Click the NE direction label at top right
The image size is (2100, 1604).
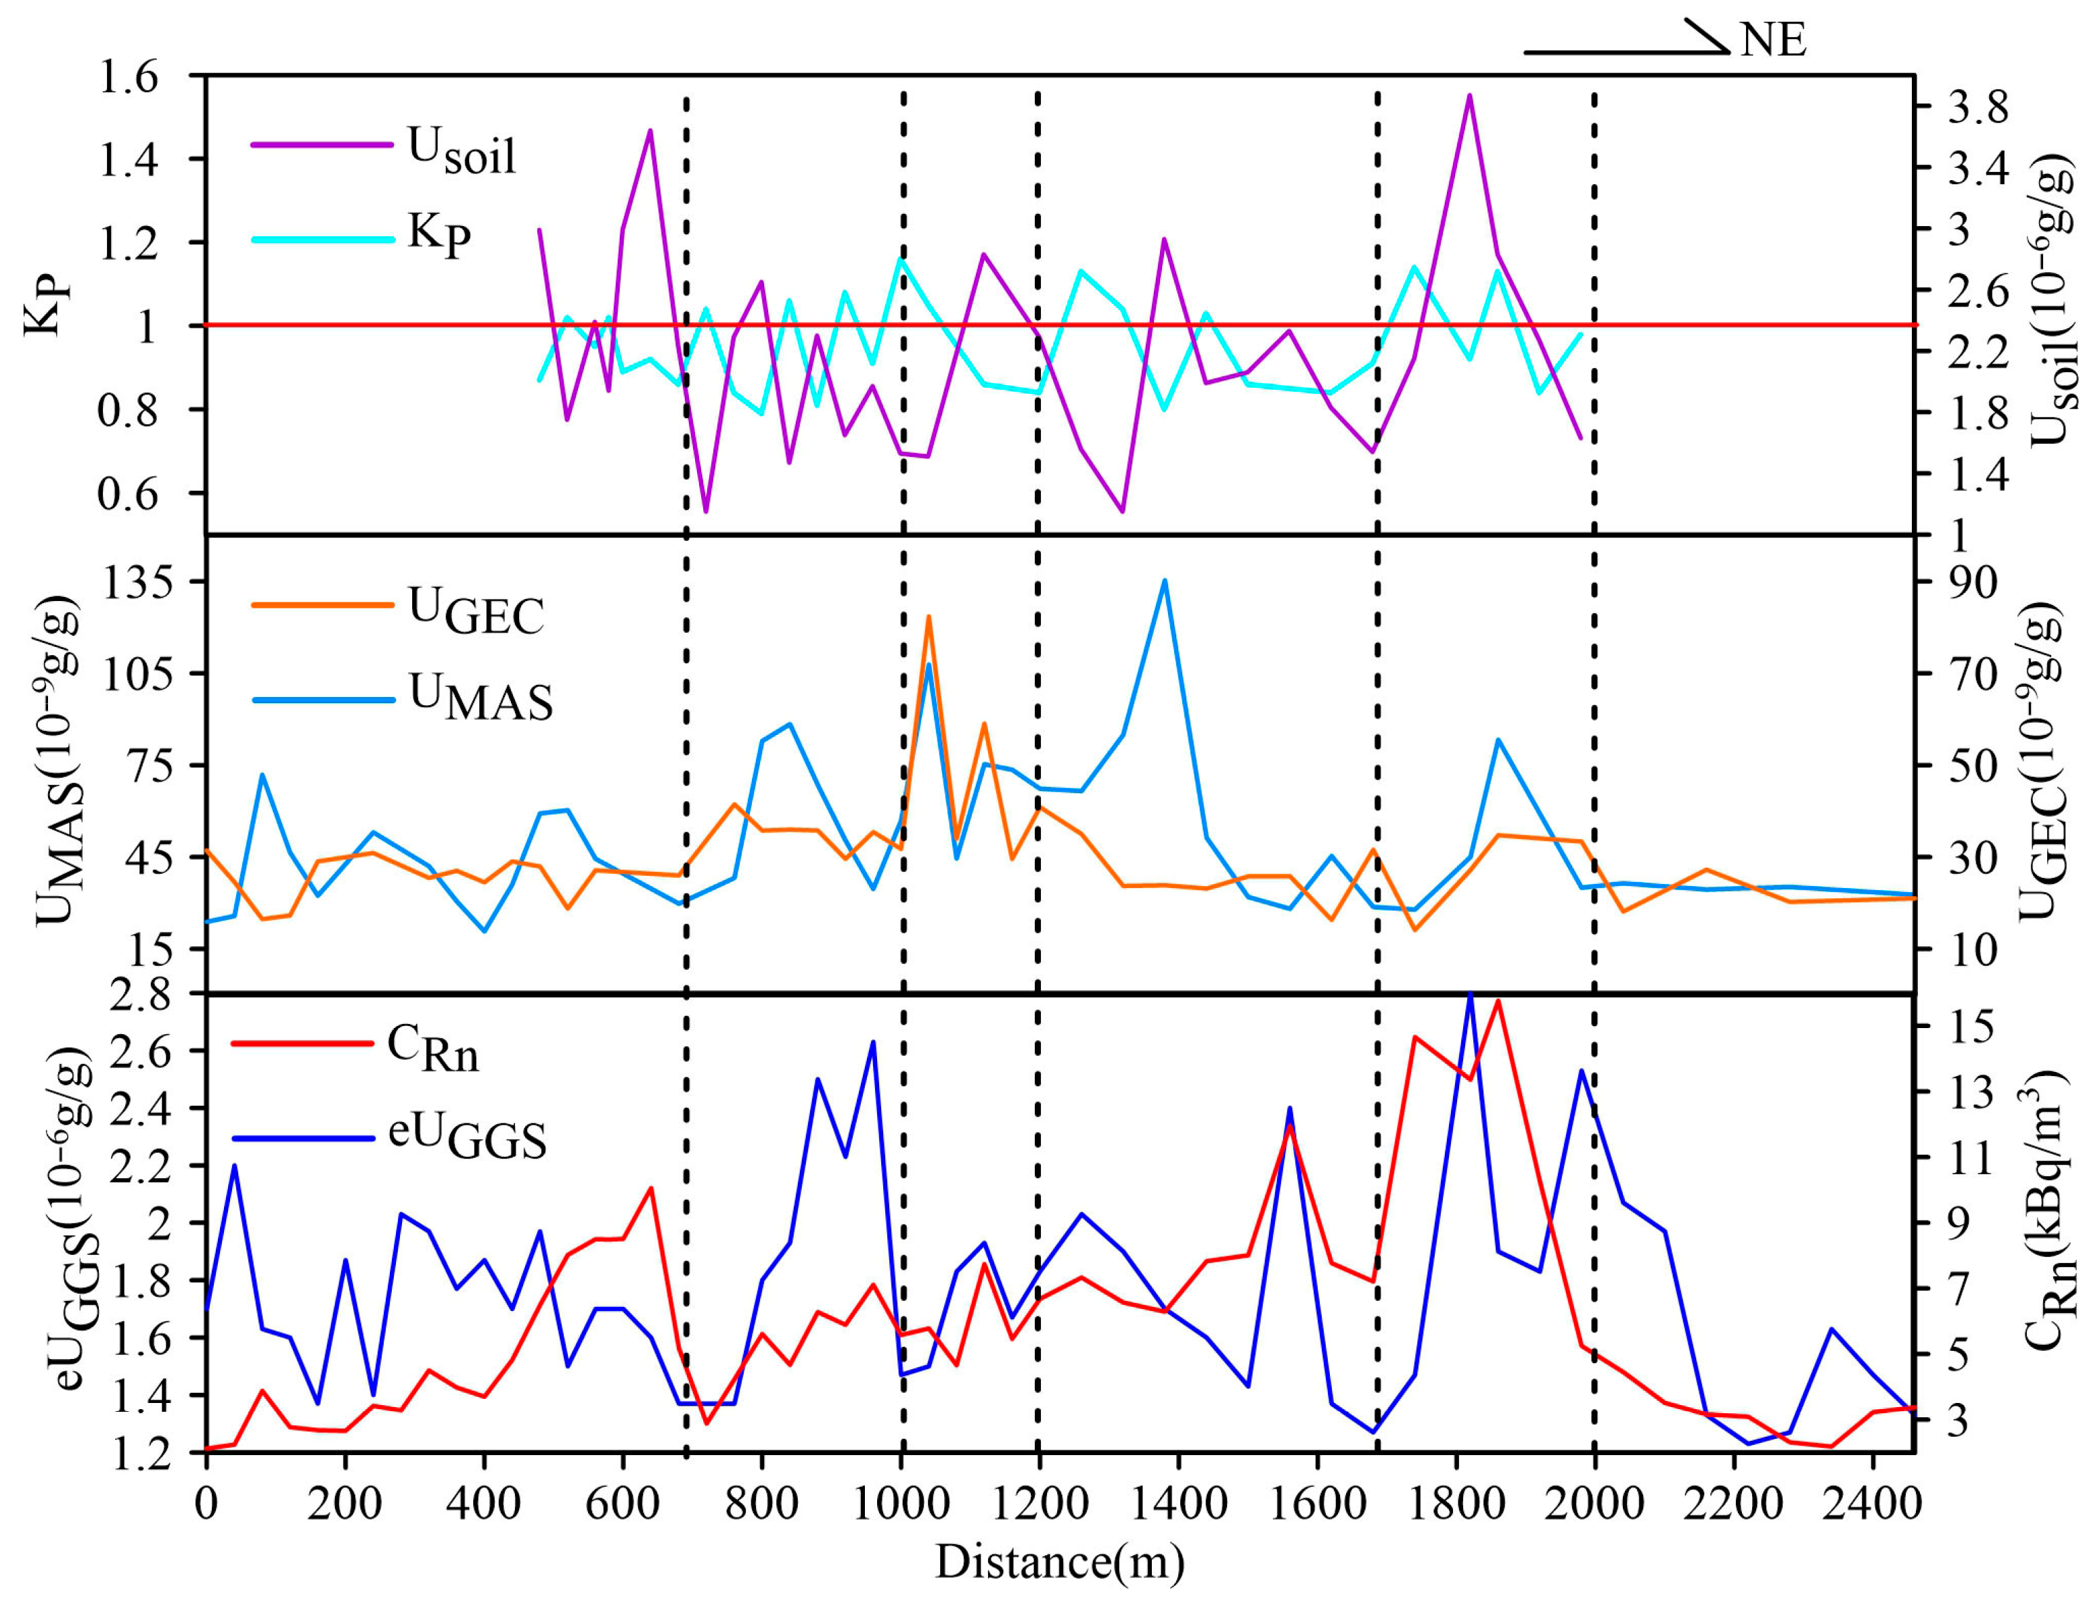(x=1772, y=40)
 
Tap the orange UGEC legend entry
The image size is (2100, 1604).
(x=475, y=611)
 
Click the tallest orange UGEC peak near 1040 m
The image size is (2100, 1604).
(x=928, y=617)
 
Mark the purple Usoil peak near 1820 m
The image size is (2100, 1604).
(x=1470, y=95)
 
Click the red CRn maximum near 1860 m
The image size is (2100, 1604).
(x=1498, y=1000)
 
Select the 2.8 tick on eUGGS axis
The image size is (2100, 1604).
(x=139, y=996)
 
